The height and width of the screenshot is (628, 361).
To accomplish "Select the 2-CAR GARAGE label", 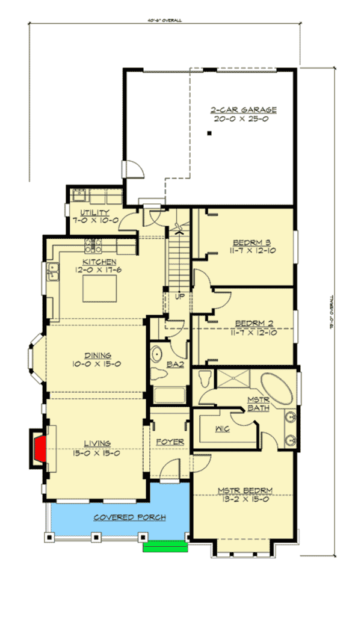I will (243, 109).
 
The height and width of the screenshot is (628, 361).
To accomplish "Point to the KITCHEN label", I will (99, 262).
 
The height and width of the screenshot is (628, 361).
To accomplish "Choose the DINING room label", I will (98, 356).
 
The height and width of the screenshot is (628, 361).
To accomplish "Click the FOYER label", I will (170, 442).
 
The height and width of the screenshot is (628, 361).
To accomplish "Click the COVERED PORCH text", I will (129, 517).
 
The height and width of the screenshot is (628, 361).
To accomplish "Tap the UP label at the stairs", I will (179, 296).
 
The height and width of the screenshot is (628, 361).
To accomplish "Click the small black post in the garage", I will (209, 134).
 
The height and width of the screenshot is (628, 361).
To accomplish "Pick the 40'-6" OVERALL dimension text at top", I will (165, 20).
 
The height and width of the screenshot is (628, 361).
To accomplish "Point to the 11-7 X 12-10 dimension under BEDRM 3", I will (252, 250).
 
